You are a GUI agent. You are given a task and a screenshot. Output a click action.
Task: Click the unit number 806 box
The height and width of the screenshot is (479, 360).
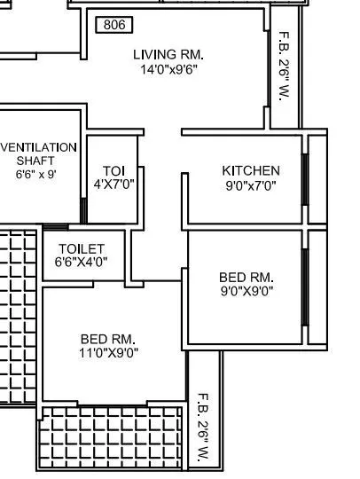114,25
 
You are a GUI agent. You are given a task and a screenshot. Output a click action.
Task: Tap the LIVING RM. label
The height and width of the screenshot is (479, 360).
168,54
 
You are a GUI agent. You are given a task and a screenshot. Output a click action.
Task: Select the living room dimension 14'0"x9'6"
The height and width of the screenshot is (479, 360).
168,69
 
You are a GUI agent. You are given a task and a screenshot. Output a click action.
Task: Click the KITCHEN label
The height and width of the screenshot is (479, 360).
251,170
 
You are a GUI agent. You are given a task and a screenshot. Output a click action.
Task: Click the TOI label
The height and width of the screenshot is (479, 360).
113,170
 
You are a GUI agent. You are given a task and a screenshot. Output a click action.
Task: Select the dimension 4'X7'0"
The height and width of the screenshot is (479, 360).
113,185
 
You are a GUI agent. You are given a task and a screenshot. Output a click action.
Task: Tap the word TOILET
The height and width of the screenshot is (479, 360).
82,249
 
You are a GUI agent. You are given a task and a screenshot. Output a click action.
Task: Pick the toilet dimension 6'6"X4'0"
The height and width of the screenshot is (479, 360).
82,263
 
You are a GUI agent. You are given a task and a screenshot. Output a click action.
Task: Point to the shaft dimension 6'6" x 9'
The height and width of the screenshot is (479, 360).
36,175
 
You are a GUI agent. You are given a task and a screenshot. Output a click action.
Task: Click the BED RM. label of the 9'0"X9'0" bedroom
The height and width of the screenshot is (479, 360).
247,277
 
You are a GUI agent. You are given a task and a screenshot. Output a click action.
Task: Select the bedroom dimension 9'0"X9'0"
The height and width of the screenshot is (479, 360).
247,290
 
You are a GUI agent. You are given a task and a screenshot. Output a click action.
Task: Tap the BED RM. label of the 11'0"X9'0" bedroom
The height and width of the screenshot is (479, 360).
107,339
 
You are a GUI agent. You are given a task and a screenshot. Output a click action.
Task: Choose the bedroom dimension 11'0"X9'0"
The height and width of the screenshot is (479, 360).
107,353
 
